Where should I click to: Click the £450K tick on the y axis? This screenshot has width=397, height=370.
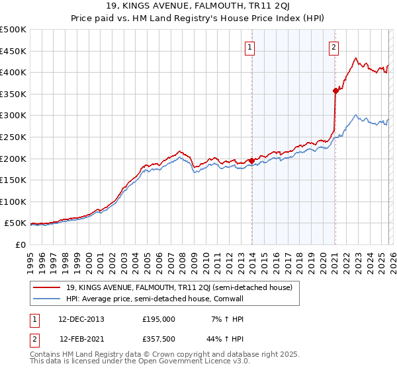(x=13, y=51)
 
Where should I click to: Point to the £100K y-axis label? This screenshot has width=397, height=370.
(x=13, y=202)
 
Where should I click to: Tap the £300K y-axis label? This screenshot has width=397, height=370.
(x=13, y=116)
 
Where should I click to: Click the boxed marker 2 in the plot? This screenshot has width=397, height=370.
(x=334, y=47)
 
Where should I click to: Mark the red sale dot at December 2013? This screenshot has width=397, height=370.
(x=251, y=161)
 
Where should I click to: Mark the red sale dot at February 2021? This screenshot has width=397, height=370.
(x=335, y=91)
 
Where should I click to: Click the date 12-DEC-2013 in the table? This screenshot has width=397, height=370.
(x=81, y=318)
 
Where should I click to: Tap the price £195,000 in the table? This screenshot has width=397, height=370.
(x=159, y=318)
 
